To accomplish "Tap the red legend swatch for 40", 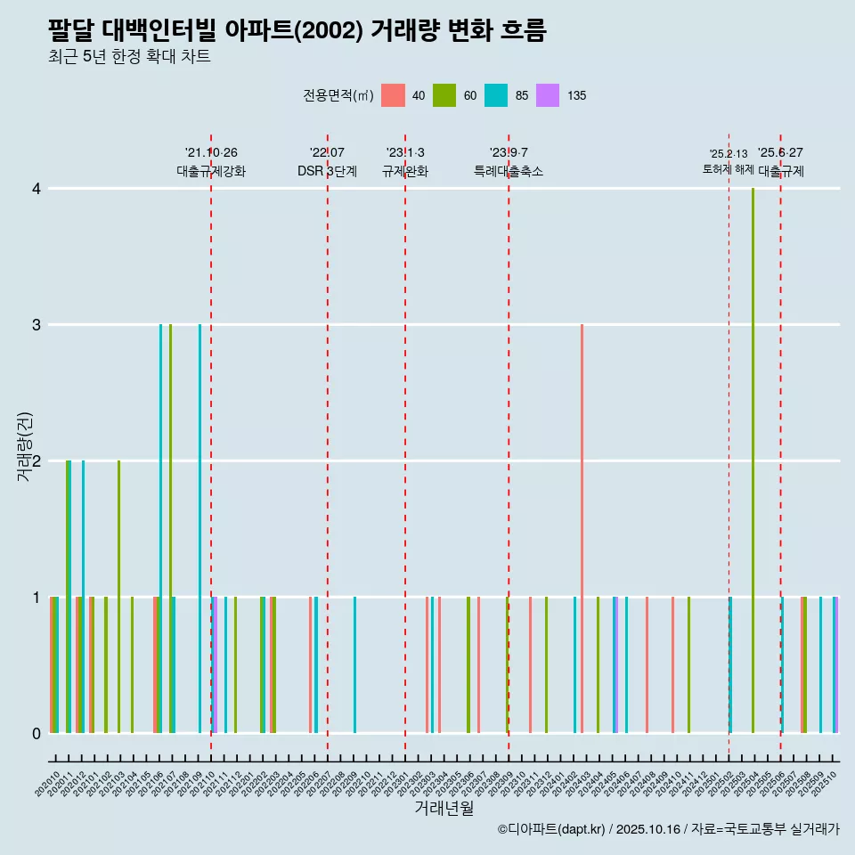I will [393, 95].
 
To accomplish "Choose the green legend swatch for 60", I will [444, 95].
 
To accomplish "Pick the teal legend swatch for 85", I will [496, 95].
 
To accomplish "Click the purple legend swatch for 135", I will [548, 95].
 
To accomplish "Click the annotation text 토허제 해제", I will [729, 169].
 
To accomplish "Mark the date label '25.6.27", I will [780, 153].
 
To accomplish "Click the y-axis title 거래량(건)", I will [25, 445].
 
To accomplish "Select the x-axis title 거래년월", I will [444, 808].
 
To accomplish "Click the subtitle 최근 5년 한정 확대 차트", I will [129, 57].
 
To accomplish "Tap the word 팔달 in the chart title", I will [71, 30].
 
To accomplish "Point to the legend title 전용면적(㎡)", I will [338, 96].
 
